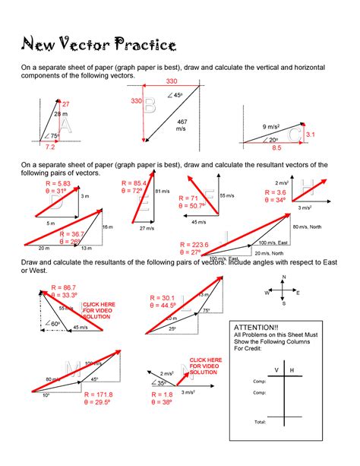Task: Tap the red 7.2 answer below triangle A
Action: (x=51, y=146)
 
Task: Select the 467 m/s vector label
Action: (x=182, y=126)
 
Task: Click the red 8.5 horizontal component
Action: (x=276, y=147)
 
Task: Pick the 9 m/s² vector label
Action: (x=273, y=126)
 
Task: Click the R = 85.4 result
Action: (x=134, y=183)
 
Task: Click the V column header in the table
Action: (x=276, y=369)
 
